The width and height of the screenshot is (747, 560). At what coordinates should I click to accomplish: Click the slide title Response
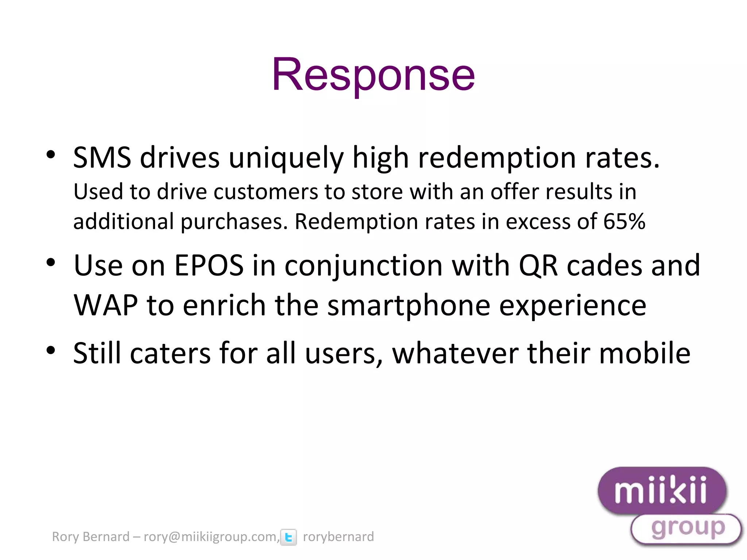pos(373,75)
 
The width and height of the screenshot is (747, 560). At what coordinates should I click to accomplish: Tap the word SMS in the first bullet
pos(102,158)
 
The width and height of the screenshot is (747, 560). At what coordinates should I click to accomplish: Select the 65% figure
pos(624,221)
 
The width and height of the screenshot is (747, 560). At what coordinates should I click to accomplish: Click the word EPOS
pos(209,265)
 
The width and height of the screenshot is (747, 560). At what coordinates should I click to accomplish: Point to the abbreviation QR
pos(538,265)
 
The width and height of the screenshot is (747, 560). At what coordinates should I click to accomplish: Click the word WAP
pos(105,305)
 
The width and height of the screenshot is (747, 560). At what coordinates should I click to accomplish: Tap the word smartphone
pos(409,306)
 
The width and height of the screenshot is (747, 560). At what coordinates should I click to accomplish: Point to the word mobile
pos(645,353)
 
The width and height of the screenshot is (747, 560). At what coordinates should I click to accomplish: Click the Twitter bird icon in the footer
pos(289,537)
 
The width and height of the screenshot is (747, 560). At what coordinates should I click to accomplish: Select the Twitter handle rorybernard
pos(338,537)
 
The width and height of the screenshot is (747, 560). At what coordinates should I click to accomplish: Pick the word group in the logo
pos(688,528)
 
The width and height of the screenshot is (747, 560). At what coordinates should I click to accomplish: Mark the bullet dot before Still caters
pos(51,350)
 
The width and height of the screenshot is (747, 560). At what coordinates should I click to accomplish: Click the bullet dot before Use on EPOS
pos(51,262)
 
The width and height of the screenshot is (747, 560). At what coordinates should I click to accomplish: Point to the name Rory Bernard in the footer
pos(90,537)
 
